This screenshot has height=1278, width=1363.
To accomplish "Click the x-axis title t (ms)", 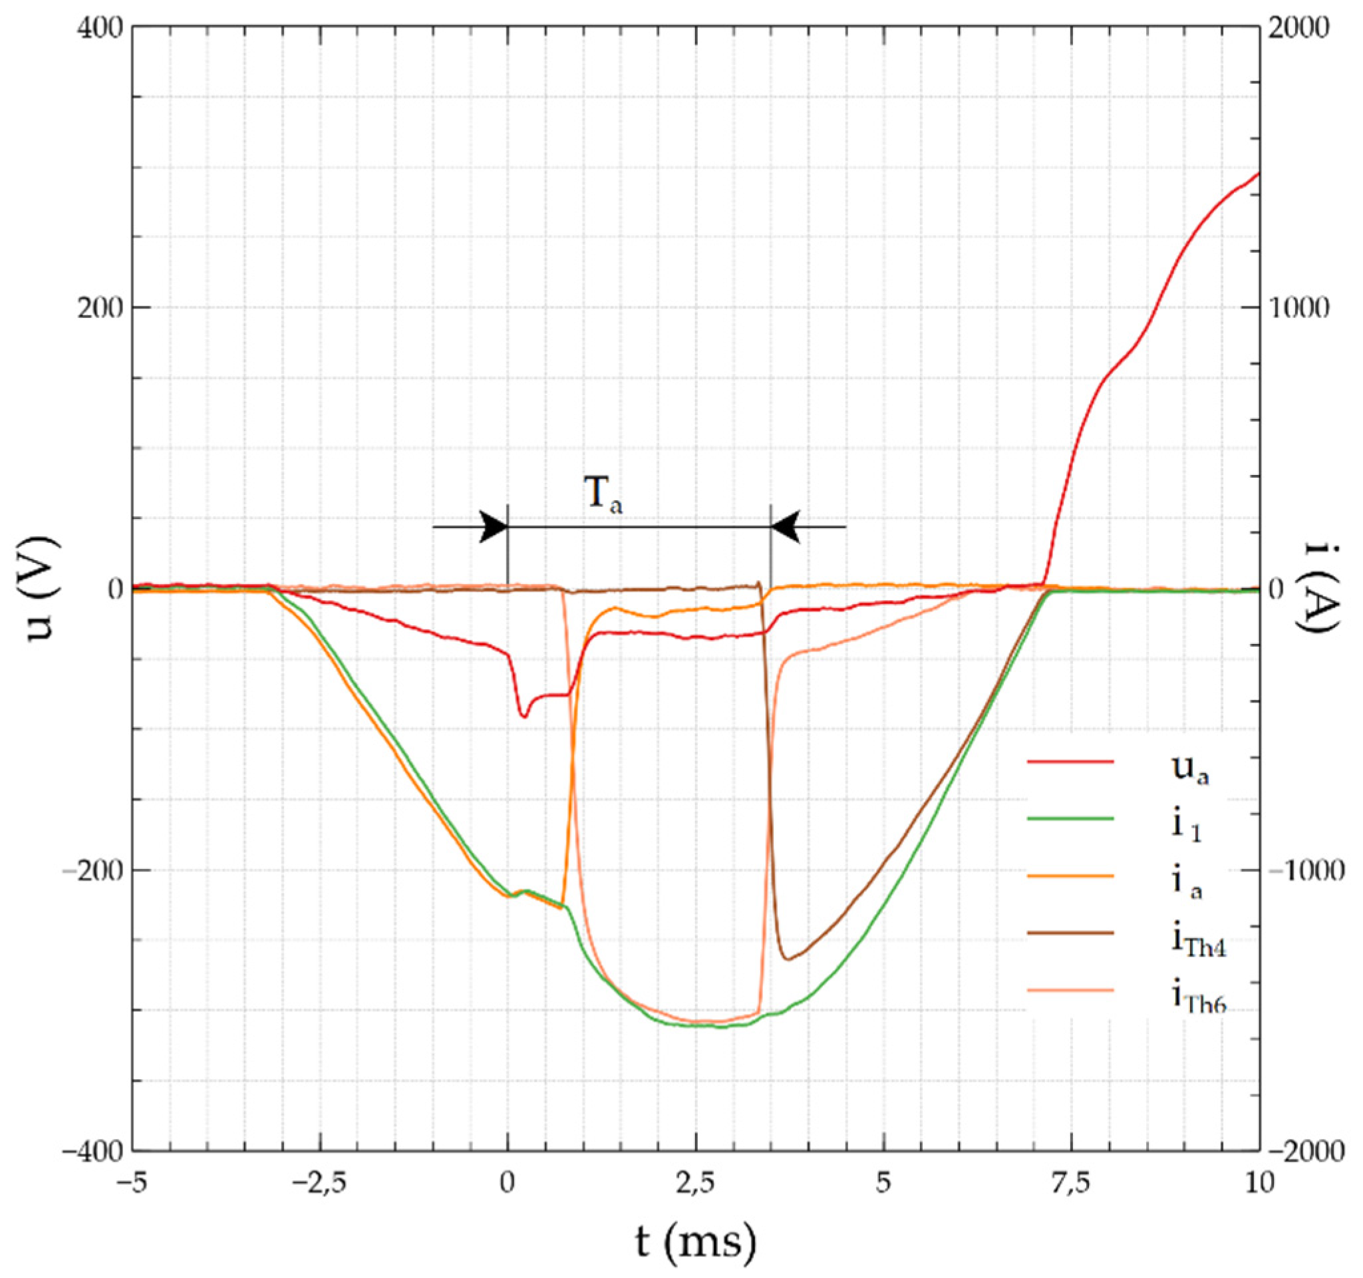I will coord(694,1241).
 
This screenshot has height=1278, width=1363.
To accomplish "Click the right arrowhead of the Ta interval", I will coord(786,526).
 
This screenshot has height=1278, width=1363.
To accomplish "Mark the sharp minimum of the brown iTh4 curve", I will coord(788,959).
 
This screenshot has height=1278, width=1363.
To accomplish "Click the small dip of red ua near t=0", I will coord(524,717).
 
